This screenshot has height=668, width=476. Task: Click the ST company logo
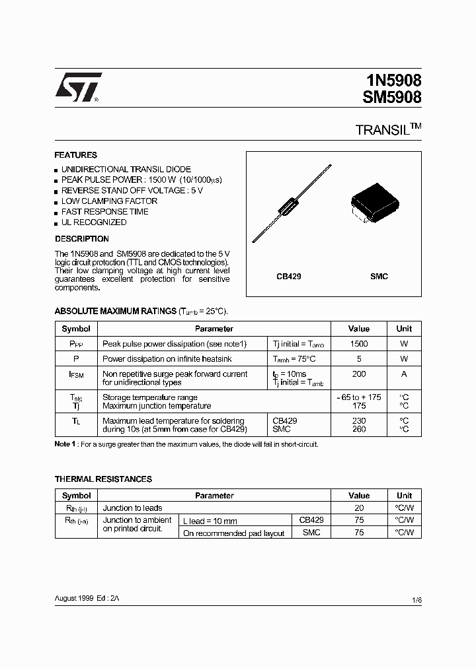[x=78, y=87]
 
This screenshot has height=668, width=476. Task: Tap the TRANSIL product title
[x=383, y=130]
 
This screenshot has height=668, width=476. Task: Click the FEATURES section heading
[x=75, y=155]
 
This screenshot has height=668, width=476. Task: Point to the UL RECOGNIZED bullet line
[x=93, y=222]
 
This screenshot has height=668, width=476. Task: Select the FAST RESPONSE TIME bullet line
[x=104, y=212]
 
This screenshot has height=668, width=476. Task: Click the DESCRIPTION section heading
[x=81, y=239]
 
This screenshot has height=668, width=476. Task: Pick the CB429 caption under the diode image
[x=289, y=277]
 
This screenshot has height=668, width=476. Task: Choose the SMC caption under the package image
[x=379, y=277]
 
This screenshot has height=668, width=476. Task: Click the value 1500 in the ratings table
[x=359, y=344]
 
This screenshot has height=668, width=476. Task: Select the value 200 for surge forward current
[x=359, y=374]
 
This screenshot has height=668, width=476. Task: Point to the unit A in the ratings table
[x=404, y=374]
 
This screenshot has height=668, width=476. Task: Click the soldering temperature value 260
[x=359, y=429]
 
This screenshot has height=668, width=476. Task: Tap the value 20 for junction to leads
[x=359, y=508]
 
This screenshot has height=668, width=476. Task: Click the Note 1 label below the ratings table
[x=65, y=444]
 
